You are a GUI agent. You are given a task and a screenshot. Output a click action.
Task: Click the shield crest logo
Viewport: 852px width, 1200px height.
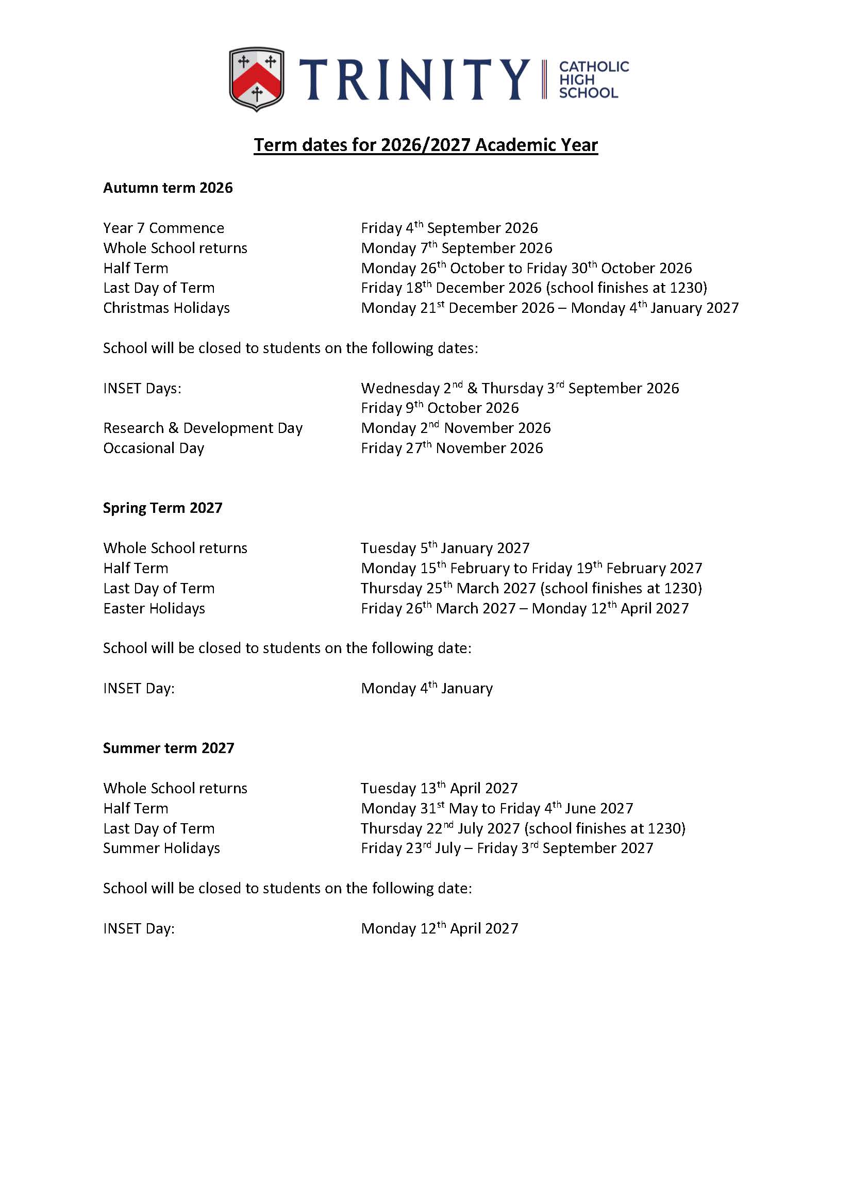click(x=257, y=79)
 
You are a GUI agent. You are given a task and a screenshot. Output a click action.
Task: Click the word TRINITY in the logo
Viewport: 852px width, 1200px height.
click(x=414, y=79)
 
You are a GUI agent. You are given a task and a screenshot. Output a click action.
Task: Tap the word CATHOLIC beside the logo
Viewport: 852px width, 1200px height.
click(x=594, y=66)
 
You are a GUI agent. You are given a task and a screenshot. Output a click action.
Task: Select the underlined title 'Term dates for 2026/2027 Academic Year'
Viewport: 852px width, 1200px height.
click(x=425, y=145)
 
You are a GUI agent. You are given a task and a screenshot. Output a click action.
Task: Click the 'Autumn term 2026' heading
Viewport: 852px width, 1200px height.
click(x=168, y=188)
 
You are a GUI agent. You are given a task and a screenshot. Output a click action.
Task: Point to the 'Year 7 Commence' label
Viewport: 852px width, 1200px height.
click(x=164, y=228)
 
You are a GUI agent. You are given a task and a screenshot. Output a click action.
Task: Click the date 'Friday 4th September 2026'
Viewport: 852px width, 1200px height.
click(x=449, y=228)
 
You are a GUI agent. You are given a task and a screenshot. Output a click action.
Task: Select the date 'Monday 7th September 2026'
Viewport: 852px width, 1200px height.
click(x=457, y=248)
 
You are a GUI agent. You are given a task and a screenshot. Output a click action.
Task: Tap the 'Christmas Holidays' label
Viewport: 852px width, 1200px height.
click(x=166, y=308)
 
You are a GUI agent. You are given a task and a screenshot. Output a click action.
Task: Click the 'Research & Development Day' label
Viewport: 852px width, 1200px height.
click(x=203, y=428)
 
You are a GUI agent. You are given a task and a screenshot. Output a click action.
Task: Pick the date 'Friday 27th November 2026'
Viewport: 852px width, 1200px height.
click(x=452, y=448)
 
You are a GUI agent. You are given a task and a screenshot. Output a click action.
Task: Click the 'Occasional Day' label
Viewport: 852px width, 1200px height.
click(x=154, y=448)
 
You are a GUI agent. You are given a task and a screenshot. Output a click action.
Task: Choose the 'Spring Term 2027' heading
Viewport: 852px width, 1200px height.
click(x=163, y=508)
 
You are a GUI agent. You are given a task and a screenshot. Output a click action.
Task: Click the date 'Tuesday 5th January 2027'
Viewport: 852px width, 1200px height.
click(x=445, y=548)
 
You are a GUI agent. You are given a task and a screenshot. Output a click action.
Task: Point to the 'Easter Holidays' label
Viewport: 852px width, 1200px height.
click(x=154, y=609)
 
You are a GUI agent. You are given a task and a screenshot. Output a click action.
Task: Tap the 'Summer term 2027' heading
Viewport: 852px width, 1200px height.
click(x=169, y=748)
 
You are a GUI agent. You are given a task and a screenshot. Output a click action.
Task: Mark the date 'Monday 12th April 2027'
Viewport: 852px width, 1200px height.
click(x=440, y=929)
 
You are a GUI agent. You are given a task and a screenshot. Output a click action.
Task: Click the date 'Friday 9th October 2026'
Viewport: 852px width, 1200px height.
click(x=440, y=408)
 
